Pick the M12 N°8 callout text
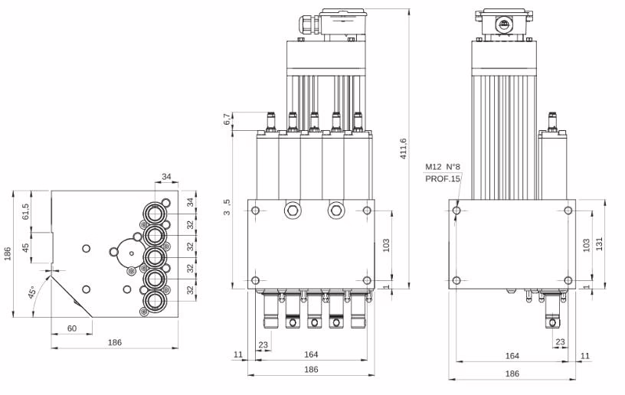442,167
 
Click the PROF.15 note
443,179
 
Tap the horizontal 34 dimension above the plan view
166,177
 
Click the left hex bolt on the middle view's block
291,211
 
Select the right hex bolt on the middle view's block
335,211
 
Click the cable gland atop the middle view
302,24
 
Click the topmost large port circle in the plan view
157,210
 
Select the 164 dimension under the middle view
310,354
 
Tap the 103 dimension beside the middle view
386,245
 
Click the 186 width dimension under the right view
512,374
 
